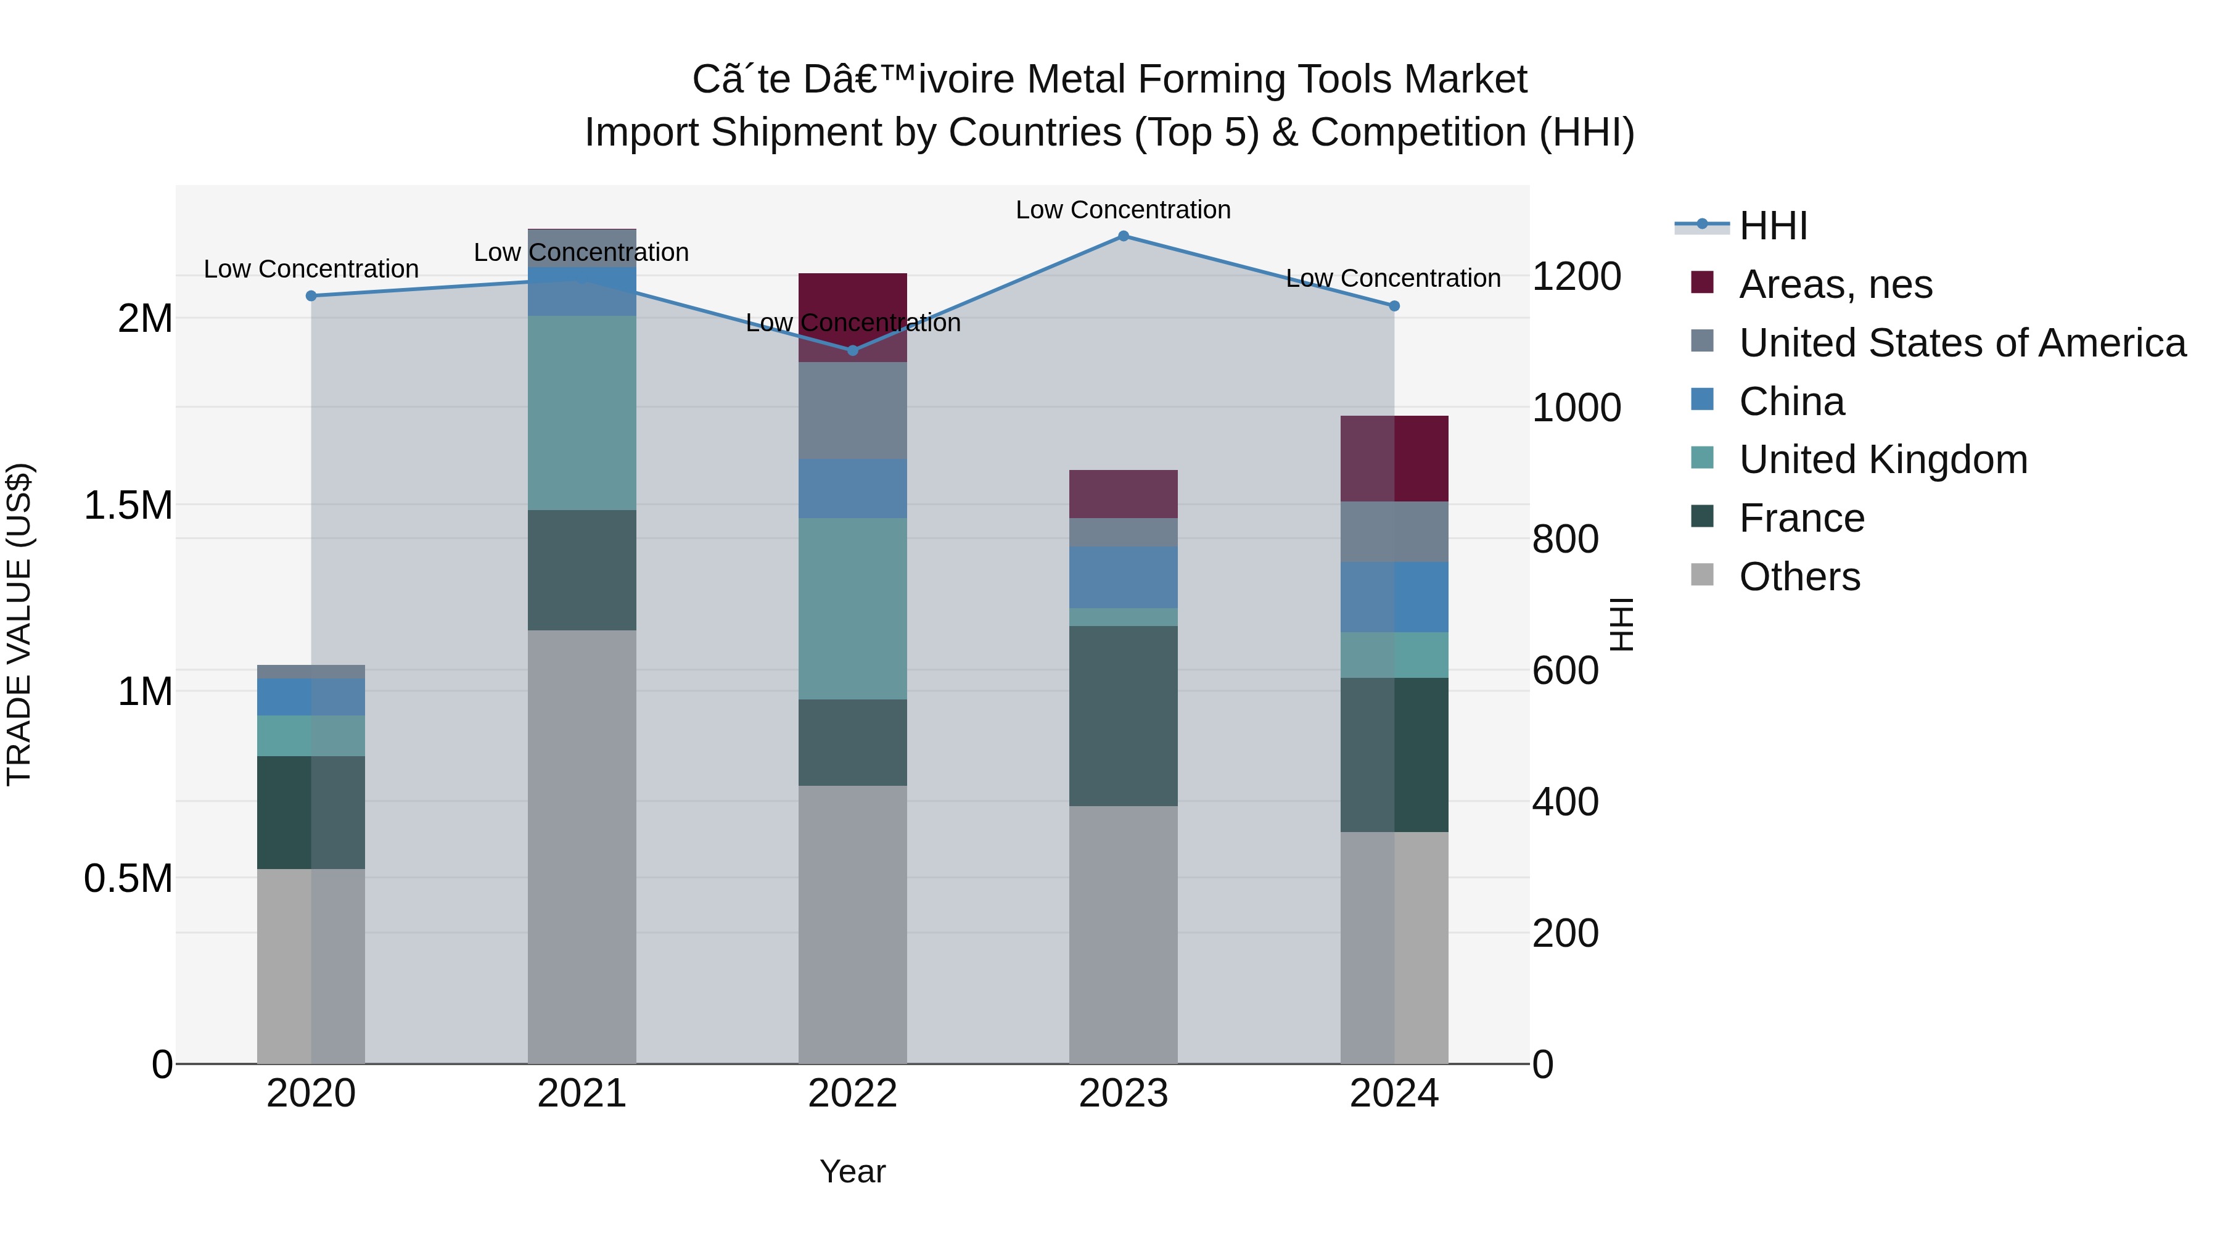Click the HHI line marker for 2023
click(x=1123, y=236)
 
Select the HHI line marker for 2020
click(x=311, y=295)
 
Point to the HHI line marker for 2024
click(x=1394, y=306)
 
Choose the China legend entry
click(x=1791, y=402)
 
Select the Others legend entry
click(x=1799, y=577)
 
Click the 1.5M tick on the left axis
click(x=128, y=505)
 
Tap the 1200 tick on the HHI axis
click(x=1576, y=277)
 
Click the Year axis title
click(x=852, y=1171)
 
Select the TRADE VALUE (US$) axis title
click(x=19, y=624)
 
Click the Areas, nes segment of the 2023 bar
click(x=1123, y=494)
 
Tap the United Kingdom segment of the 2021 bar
click(x=582, y=413)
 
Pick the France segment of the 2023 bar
click(x=1123, y=715)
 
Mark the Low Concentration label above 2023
click(x=1123, y=210)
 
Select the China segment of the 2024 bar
click(x=1394, y=597)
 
